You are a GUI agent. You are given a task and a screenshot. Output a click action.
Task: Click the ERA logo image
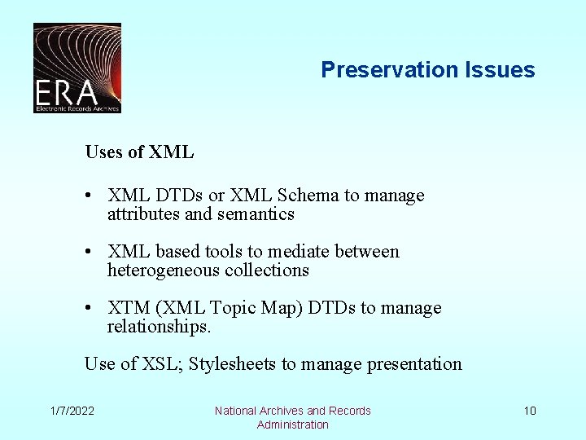77,68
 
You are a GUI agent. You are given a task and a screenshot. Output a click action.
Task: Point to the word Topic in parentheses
234,308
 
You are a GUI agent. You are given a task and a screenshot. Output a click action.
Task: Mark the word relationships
159,327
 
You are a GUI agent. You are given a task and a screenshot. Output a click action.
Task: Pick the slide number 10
530,411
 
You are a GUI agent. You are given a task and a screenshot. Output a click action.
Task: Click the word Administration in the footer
292,425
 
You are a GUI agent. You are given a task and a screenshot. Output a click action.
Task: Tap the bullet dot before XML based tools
96,252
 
